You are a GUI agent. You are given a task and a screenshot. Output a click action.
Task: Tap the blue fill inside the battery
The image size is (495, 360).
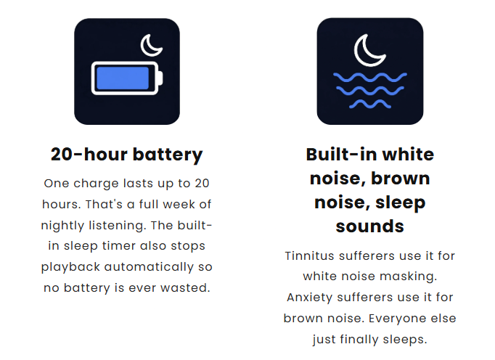pos(123,78)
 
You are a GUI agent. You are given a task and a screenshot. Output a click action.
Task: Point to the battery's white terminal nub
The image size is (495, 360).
pos(160,78)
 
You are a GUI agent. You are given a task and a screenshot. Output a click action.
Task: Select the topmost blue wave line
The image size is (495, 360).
pos(370,77)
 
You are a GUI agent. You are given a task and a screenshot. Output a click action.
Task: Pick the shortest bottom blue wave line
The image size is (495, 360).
pos(370,104)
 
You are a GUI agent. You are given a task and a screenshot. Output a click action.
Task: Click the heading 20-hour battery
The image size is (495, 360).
pos(126,155)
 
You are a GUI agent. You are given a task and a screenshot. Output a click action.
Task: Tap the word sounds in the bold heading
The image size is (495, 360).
pos(369,226)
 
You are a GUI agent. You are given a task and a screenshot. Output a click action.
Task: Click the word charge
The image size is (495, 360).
pos(96,184)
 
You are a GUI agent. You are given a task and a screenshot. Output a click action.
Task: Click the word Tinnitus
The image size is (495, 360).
pos(309,255)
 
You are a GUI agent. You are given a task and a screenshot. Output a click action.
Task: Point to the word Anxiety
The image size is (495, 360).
pos(309,298)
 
